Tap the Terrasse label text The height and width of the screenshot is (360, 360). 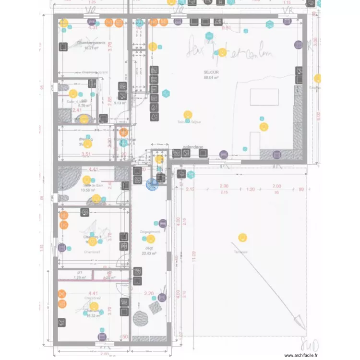pos(240,252)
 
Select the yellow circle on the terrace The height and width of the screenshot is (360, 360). pos(242,237)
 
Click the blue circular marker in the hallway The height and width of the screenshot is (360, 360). pos(152,183)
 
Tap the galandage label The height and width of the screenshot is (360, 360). pos(193,147)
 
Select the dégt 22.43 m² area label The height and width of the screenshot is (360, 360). pos(149,251)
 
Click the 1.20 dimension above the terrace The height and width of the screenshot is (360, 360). pos(251,189)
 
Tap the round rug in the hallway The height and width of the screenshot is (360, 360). pos(141,318)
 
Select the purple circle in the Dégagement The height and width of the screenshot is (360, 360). pos(162,223)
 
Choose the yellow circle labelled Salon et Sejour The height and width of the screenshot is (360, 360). pos(188,116)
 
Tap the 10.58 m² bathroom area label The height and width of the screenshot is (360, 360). pos(88,190)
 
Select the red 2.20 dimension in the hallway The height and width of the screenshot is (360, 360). pos(148,293)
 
